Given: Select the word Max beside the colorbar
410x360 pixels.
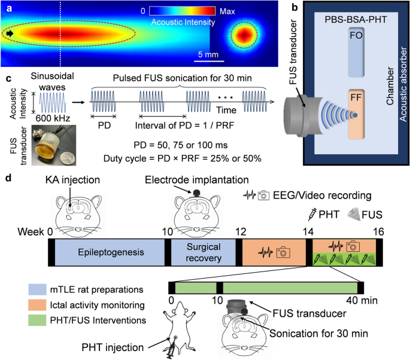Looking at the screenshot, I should tap(228, 11).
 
